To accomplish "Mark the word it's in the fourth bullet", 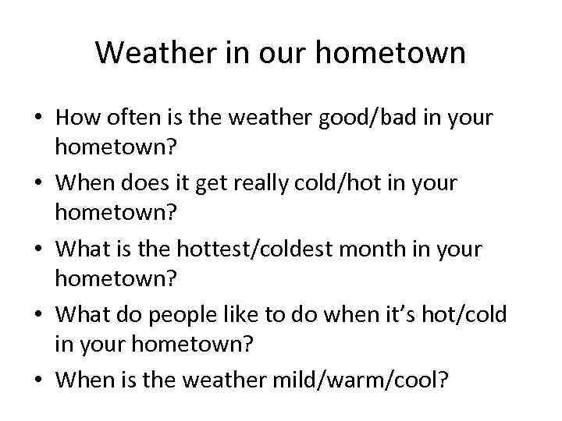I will [404, 315].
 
